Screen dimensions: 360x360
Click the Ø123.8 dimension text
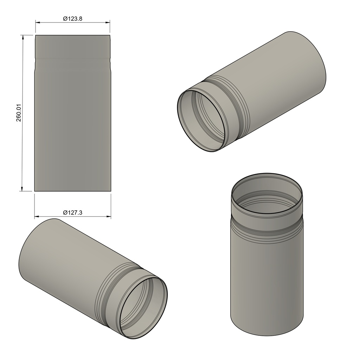point(73,19)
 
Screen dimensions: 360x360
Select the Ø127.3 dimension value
point(73,213)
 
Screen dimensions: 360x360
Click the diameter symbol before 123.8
point(65,19)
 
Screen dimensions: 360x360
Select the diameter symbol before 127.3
point(65,213)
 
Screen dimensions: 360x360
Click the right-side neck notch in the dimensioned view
point(110,63)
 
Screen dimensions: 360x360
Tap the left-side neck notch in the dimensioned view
point(35,63)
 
